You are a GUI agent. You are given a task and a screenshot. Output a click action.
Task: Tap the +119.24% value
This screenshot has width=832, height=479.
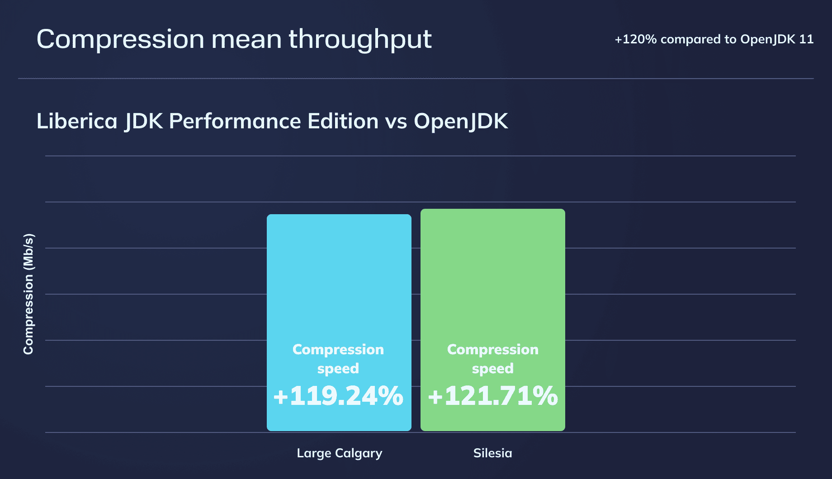(338, 396)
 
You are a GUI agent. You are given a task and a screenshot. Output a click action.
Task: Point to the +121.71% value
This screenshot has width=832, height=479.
(493, 396)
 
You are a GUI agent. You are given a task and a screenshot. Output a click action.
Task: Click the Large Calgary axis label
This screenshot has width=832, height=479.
(339, 453)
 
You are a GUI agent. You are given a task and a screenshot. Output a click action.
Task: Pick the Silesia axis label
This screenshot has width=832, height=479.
(492, 453)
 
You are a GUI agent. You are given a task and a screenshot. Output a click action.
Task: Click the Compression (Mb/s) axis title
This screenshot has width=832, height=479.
(28, 294)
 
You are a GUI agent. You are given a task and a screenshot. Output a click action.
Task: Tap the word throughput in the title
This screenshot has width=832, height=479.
(360, 40)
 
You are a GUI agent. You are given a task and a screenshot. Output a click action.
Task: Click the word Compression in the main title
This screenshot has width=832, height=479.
(120, 40)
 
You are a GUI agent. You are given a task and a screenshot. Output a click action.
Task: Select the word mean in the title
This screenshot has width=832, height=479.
(246, 40)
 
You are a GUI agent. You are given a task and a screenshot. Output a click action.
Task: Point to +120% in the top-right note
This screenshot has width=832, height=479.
(635, 40)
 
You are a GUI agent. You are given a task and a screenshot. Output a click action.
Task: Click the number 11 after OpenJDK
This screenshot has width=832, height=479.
(806, 40)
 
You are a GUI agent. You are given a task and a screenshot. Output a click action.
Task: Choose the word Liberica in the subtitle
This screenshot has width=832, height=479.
(77, 121)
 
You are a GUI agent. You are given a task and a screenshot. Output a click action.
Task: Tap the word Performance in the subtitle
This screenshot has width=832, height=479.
(235, 121)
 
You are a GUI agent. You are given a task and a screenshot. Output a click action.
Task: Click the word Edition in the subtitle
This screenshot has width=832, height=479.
(343, 121)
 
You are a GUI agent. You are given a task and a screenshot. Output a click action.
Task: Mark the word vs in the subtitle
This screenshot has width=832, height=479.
(396, 121)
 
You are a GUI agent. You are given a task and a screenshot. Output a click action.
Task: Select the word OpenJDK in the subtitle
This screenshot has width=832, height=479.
(461, 121)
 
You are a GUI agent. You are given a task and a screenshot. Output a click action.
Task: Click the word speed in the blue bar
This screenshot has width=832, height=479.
(338, 369)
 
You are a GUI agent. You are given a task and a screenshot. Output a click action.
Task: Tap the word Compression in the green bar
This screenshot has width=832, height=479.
(493, 349)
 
